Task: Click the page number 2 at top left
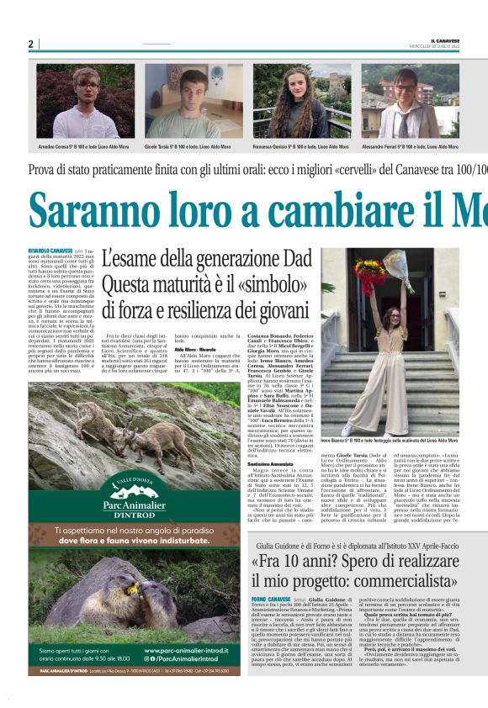pos(30,44)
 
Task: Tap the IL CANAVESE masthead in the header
pos(444,40)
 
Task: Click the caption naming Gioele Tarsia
pos(194,146)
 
